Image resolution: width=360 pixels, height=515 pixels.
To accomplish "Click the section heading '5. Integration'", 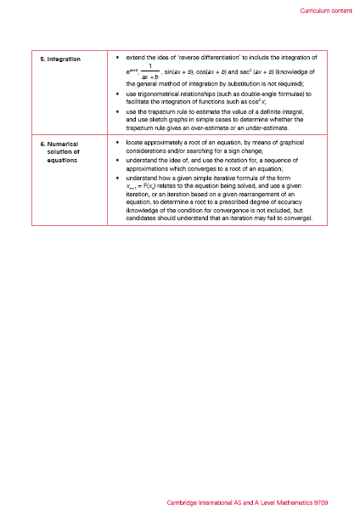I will (62, 59).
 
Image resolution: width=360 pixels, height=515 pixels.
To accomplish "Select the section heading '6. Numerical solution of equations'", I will (61, 152).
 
